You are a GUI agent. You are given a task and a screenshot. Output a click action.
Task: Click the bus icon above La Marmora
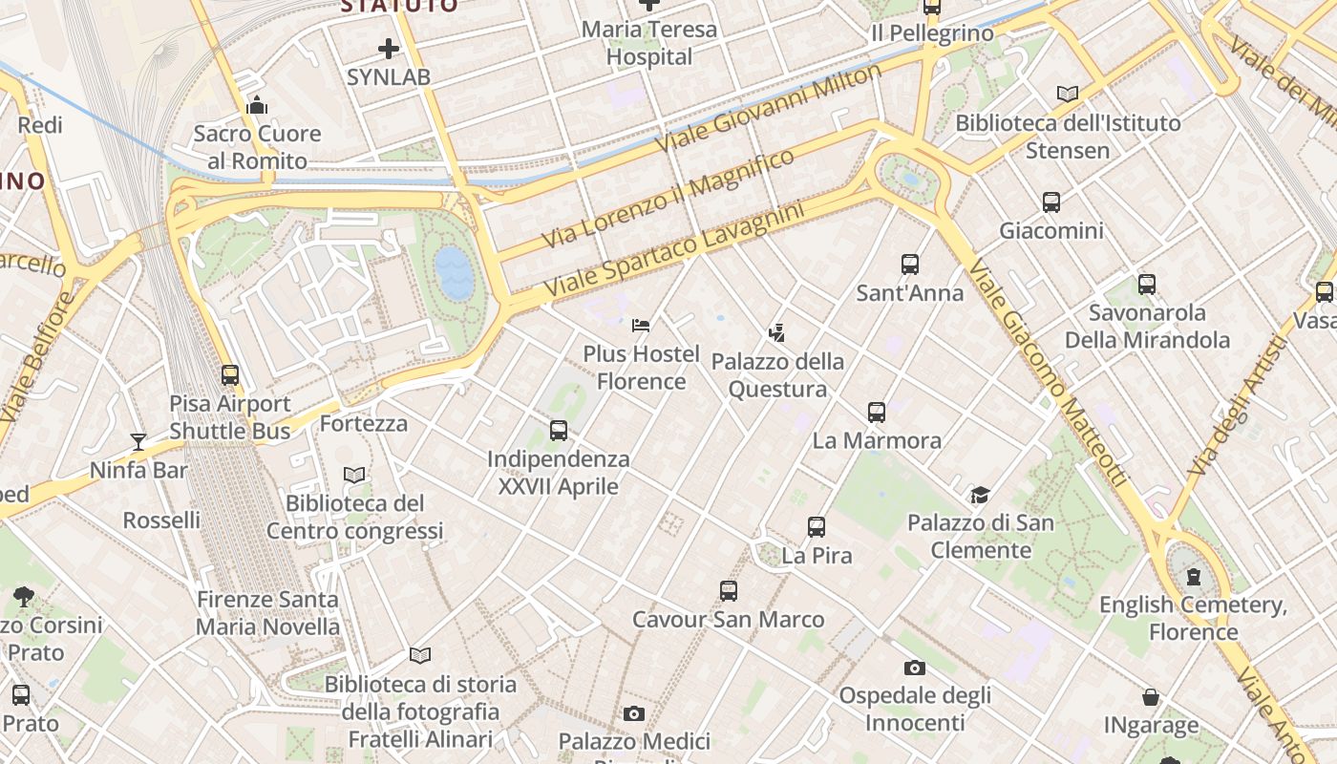point(877,413)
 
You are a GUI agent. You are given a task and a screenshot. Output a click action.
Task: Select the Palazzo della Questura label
point(778,375)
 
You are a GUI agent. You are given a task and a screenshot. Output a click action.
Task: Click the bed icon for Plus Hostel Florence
point(641,326)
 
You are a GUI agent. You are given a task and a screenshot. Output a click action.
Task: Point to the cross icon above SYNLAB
point(389,48)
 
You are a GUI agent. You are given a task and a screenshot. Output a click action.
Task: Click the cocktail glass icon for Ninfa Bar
point(138,441)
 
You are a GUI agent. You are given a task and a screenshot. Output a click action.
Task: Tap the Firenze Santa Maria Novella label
point(267,613)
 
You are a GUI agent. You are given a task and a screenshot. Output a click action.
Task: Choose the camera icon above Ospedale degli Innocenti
point(915,668)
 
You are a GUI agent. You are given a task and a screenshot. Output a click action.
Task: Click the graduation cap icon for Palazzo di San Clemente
point(980,495)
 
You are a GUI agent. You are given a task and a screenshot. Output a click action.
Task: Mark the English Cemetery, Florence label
point(1194,618)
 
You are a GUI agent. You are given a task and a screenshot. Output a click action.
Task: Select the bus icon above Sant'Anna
point(910,265)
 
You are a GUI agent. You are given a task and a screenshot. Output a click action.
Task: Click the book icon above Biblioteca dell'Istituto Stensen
point(1068,94)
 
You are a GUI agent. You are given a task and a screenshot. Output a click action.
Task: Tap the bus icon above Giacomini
point(1051,202)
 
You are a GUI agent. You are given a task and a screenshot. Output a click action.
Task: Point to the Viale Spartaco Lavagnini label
point(673,246)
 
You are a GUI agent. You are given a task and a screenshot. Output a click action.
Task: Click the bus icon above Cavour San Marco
point(729,591)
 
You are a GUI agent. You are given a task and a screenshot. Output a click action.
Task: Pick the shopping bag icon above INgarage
point(1151,697)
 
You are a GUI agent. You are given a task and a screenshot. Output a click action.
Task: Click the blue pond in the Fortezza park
point(455,272)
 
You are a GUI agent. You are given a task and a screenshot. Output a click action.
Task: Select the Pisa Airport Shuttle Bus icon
point(230,375)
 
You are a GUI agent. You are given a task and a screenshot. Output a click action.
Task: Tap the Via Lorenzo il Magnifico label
point(668,198)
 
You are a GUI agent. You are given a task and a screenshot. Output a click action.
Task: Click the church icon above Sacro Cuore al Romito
point(257,105)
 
